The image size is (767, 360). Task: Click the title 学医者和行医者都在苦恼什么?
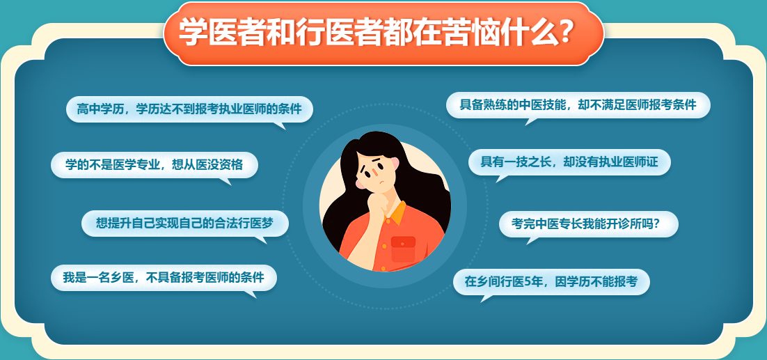tap(376, 32)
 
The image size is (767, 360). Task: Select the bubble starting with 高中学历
tap(189, 109)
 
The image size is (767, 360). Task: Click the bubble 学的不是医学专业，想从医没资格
tap(154, 165)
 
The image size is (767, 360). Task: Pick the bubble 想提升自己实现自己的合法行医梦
tap(184, 223)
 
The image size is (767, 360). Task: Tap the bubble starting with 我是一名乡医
tap(164, 277)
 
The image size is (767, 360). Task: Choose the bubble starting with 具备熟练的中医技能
tap(578, 105)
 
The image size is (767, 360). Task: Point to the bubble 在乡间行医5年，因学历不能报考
tap(551, 282)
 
